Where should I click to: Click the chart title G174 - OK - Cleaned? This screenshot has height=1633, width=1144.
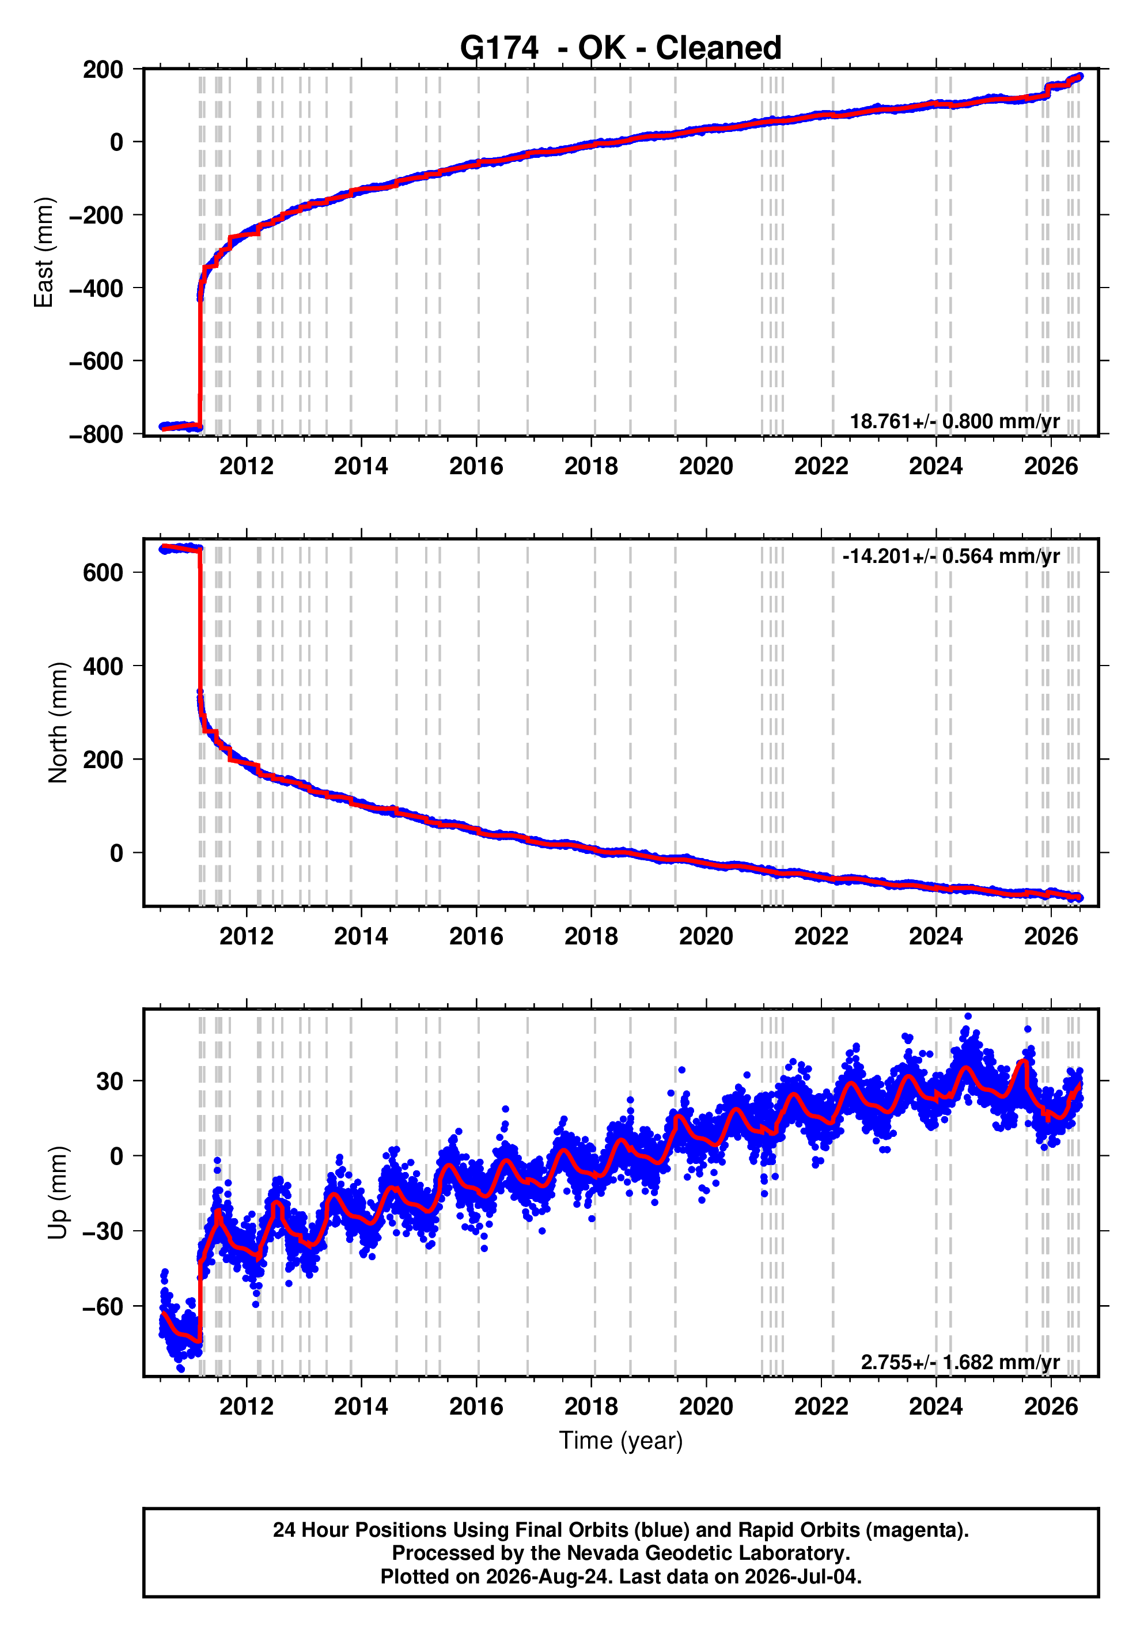point(621,48)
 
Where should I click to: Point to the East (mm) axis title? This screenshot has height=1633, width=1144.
point(43,252)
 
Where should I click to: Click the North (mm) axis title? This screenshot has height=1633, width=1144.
point(58,723)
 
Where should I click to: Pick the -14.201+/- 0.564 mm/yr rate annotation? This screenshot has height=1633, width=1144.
point(950,555)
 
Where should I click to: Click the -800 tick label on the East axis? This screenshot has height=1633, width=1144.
point(97,434)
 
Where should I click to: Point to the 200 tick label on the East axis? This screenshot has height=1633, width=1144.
point(103,70)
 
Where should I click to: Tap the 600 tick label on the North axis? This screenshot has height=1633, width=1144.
point(103,573)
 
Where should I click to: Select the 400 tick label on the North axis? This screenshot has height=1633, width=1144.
point(103,667)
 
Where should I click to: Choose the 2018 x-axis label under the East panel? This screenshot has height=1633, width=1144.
point(591,467)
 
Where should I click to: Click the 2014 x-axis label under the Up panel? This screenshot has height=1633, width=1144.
point(361,1407)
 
